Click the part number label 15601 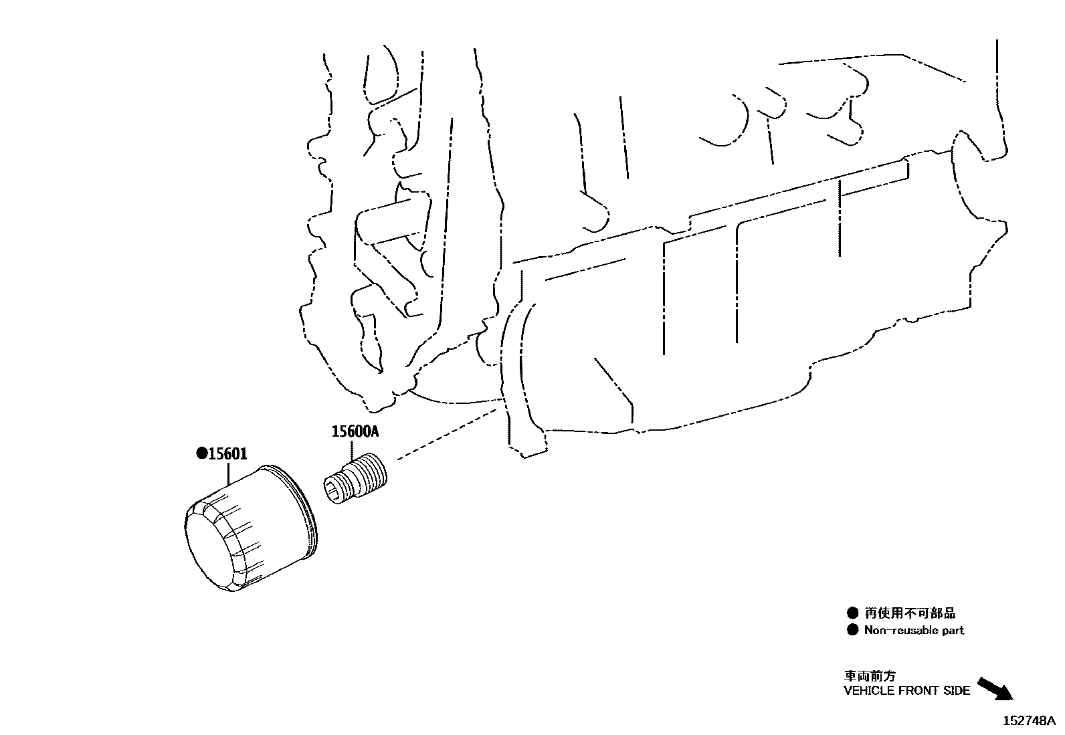pyautogui.click(x=227, y=453)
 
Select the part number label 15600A pyautogui.click(x=355, y=431)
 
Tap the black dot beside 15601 pyautogui.click(x=202, y=453)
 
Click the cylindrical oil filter pyautogui.click(x=251, y=528)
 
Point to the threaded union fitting pyautogui.click(x=355, y=478)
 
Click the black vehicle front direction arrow pyautogui.click(x=995, y=689)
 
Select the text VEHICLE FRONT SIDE pyautogui.click(x=906, y=691)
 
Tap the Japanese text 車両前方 pyautogui.click(x=870, y=675)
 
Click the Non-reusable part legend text pyautogui.click(x=914, y=631)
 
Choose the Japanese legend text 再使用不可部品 pyautogui.click(x=910, y=613)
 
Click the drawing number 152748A pyautogui.click(x=1029, y=721)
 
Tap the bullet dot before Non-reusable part pyautogui.click(x=852, y=630)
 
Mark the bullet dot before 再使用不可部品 pyautogui.click(x=852, y=613)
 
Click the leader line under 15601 pyautogui.click(x=229, y=474)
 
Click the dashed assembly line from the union pyautogui.click(x=447, y=434)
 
